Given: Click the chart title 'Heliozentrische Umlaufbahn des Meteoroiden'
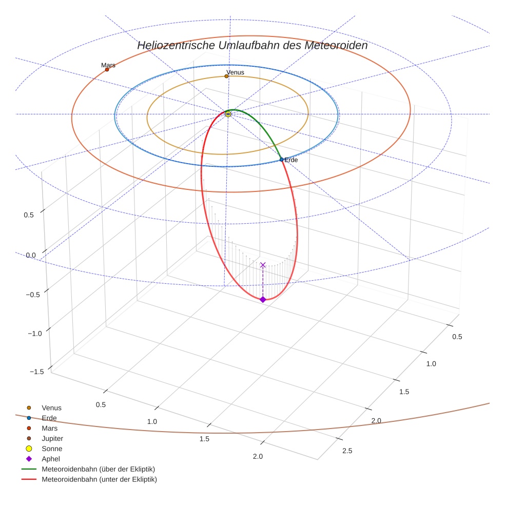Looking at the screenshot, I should point(252,45).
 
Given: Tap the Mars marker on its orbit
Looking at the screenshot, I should point(107,69).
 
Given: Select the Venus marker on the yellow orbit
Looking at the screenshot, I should point(226,76).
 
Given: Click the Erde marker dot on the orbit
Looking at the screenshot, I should point(281,160).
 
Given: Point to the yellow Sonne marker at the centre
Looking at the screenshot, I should point(228,114).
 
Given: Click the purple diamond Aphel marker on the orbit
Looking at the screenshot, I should point(263,299).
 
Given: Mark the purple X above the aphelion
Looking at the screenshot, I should point(263,265).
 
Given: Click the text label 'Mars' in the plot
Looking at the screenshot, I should point(108,65).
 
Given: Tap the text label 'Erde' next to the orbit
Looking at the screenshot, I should point(291,160).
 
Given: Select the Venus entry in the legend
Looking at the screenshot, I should point(51,407).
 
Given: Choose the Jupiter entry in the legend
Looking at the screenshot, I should point(52,438).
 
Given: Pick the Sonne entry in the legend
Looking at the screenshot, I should point(52,449).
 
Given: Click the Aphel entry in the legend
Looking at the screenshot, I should point(51,459).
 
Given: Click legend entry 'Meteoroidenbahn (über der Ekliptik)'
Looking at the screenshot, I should point(98,469).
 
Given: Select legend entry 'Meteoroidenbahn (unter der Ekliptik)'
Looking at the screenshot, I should point(99,479).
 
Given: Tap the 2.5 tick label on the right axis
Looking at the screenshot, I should point(347,451).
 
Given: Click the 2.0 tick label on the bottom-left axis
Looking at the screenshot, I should point(258,456).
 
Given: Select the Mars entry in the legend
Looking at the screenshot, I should point(50,428).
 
